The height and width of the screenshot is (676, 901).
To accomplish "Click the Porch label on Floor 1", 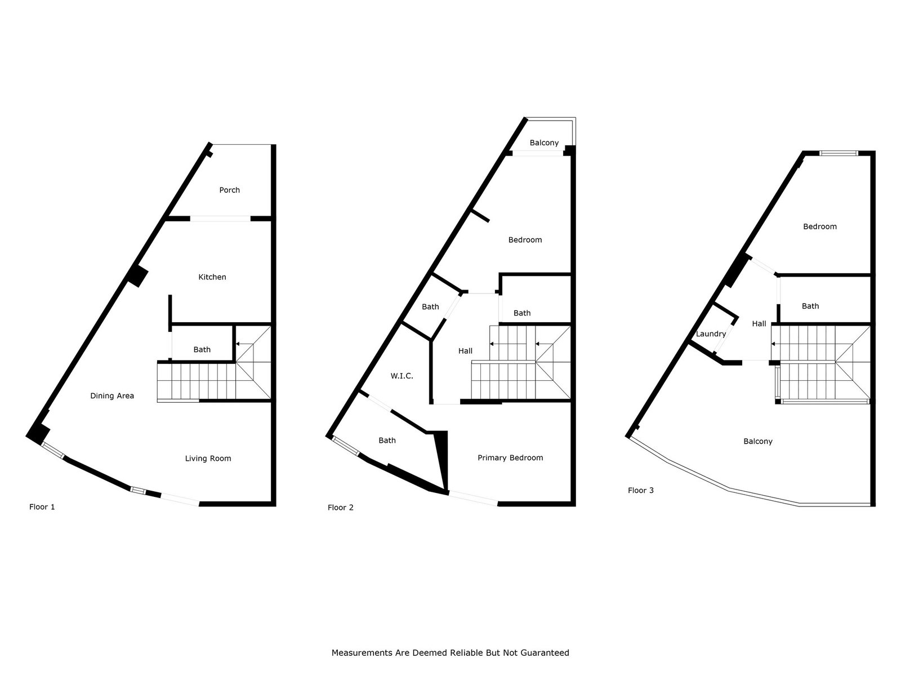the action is (229, 190).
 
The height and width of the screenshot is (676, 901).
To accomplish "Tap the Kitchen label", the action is (212, 277).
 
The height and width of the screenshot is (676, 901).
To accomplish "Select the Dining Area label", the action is (112, 396).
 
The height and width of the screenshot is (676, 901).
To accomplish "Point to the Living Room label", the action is (208, 459).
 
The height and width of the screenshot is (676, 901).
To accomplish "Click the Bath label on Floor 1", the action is (202, 350).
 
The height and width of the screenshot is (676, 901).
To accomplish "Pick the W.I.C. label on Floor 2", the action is (402, 376).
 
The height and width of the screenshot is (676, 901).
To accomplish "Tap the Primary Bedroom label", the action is (510, 457).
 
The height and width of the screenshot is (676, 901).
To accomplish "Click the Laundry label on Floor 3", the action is (711, 334).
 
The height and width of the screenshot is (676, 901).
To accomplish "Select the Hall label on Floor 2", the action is (466, 351).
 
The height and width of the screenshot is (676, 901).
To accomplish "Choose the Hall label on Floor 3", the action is (759, 324).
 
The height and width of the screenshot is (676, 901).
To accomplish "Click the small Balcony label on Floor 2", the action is (545, 143).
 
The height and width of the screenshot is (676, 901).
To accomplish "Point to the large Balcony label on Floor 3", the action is (758, 442).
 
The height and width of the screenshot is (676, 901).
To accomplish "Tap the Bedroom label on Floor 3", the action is (820, 226).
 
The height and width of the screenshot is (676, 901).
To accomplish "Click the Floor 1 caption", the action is (42, 507).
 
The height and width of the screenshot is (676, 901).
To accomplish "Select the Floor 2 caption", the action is (340, 508).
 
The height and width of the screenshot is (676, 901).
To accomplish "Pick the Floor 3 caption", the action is (641, 491).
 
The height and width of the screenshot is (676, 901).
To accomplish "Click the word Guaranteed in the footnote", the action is (545, 652).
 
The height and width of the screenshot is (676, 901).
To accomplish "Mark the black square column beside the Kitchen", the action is (138, 276).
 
